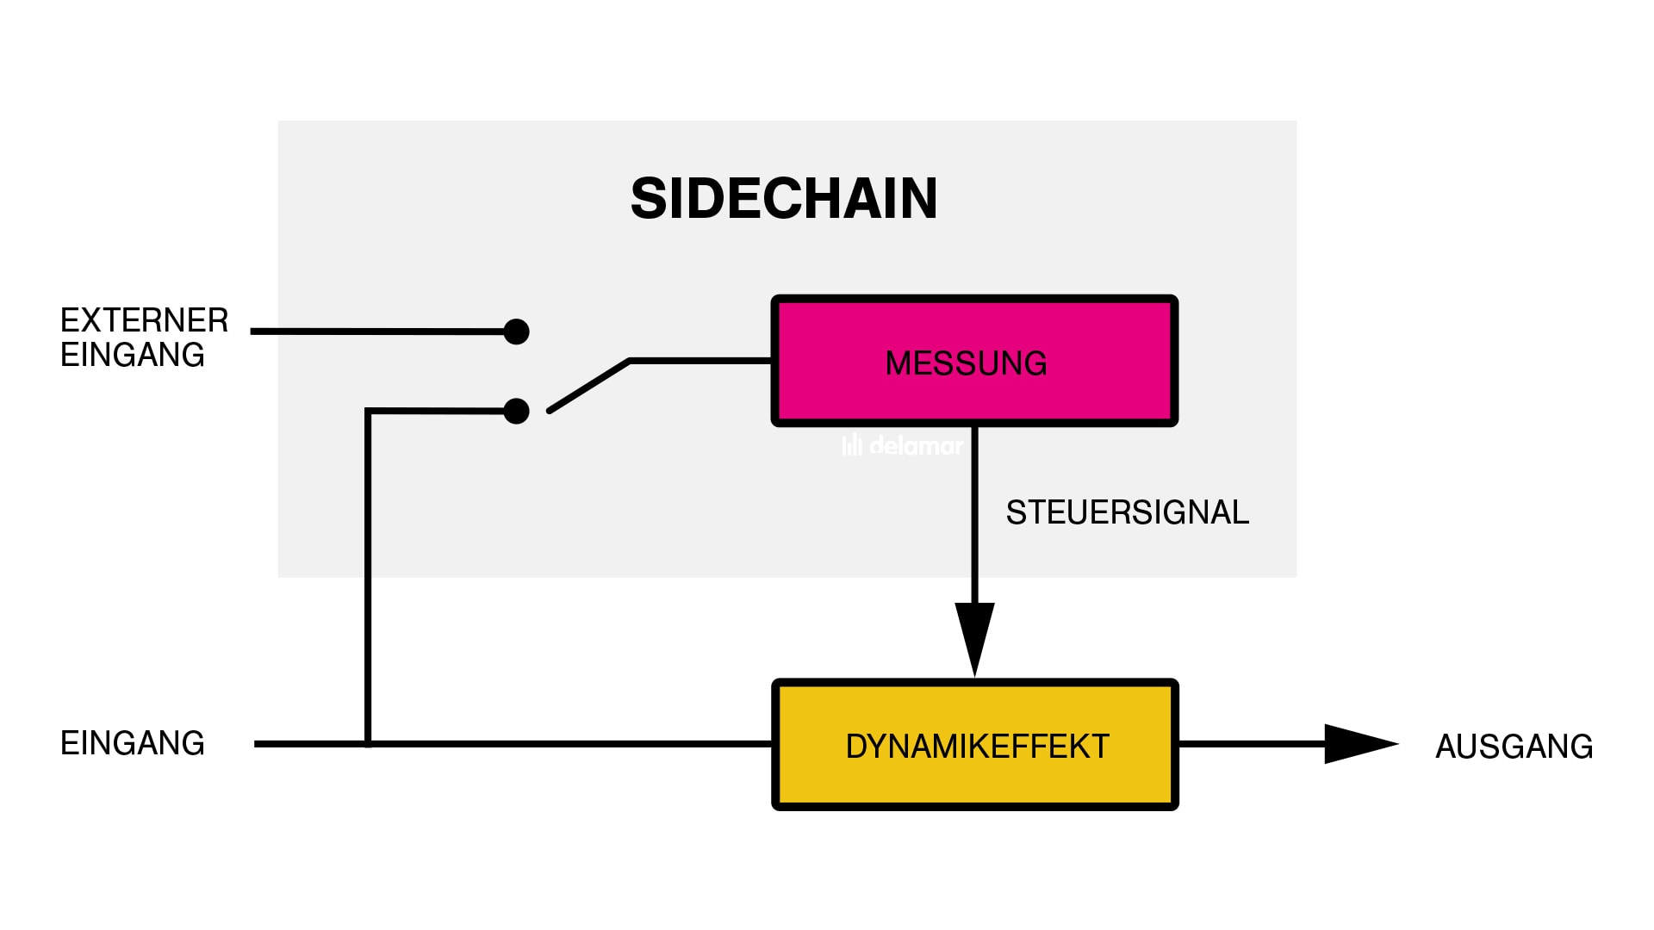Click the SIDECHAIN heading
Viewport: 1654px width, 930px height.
(x=784, y=199)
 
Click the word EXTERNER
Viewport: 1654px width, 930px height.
(x=144, y=320)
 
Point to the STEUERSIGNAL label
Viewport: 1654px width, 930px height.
(x=1127, y=512)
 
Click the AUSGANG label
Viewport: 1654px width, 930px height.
(x=1514, y=746)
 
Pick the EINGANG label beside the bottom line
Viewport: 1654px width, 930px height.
(x=133, y=743)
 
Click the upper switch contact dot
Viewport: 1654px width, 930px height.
(x=516, y=332)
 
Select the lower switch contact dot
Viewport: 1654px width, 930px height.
(x=516, y=411)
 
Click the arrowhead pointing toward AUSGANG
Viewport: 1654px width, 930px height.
(x=1358, y=744)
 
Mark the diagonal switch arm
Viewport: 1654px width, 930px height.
(x=589, y=385)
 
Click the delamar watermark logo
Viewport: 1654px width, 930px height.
(x=903, y=445)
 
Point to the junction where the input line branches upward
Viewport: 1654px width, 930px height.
(x=368, y=744)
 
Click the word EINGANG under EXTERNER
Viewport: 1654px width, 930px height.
(x=133, y=355)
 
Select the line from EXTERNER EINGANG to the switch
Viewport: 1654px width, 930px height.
(x=379, y=332)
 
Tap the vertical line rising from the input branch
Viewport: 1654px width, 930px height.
(x=368, y=577)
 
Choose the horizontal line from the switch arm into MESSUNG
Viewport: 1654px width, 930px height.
(x=700, y=361)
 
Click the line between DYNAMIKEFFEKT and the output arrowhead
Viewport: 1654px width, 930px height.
(x=1249, y=744)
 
